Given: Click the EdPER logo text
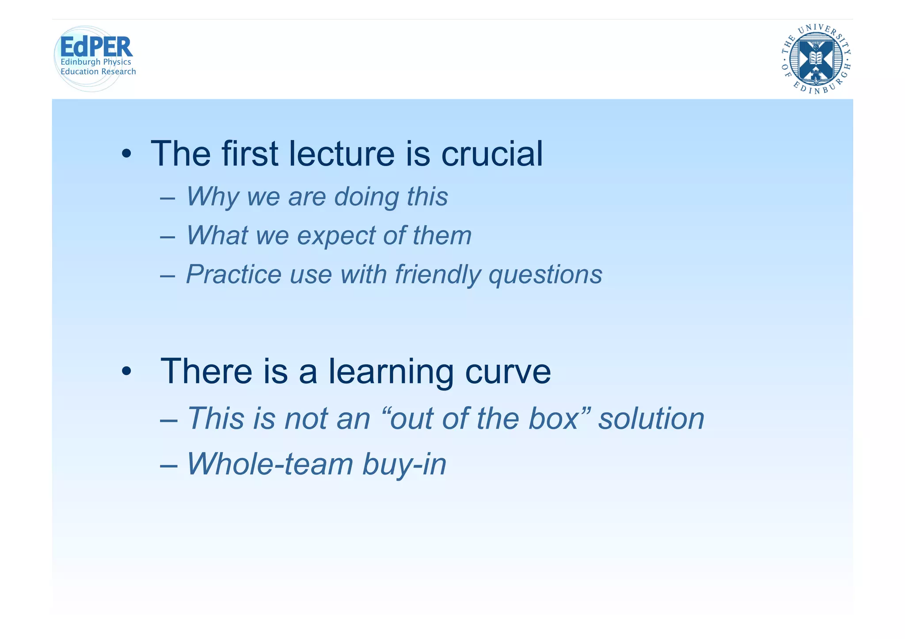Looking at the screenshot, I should (x=96, y=47).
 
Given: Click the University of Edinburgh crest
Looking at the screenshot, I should (x=816, y=59).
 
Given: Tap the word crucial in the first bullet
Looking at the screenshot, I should (x=492, y=154).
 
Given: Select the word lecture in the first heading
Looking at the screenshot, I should (x=341, y=154).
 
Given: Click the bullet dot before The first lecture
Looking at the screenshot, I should (x=127, y=155).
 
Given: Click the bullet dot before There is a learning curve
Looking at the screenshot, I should (x=127, y=372).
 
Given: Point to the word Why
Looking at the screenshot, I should (x=212, y=196).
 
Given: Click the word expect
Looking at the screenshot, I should (x=336, y=236).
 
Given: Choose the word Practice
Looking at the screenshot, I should (x=233, y=274).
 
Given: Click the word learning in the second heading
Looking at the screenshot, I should (x=391, y=372).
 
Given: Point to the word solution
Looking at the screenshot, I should (x=651, y=418).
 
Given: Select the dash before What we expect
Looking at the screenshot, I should (x=167, y=236).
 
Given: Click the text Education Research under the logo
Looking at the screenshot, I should (x=98, y=72).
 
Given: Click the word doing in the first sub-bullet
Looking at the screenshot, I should (x=365, y=197).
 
